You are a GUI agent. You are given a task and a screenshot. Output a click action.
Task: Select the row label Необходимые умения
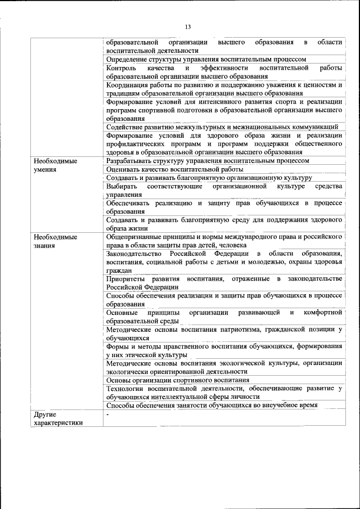coord(55,164)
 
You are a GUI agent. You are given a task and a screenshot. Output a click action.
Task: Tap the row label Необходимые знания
coord(55,241)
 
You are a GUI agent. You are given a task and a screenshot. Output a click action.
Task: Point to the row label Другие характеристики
coord(58,418)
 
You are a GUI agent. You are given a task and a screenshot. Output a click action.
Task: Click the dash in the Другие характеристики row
coord(107,415)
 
